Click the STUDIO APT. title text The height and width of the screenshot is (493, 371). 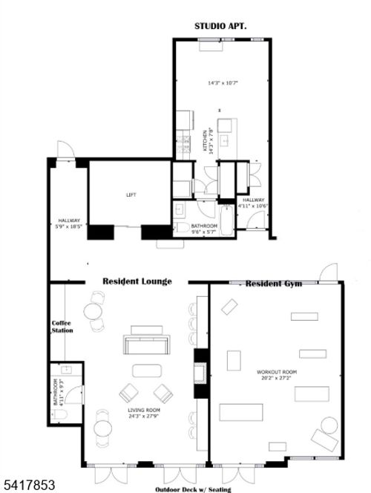click(x=221, y=25)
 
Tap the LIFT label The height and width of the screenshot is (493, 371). click(x=131, y=195)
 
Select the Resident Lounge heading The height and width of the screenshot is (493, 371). click(x=137, y=281)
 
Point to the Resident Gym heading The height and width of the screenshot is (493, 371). click(x=274, y=284)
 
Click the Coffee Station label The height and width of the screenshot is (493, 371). click(x=62, y=327)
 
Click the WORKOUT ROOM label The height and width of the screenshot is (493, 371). click(x=277, y=372)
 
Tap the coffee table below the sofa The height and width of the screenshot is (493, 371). click(x=146, y=370)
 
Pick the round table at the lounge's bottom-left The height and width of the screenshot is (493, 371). click(x=102, y=429)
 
